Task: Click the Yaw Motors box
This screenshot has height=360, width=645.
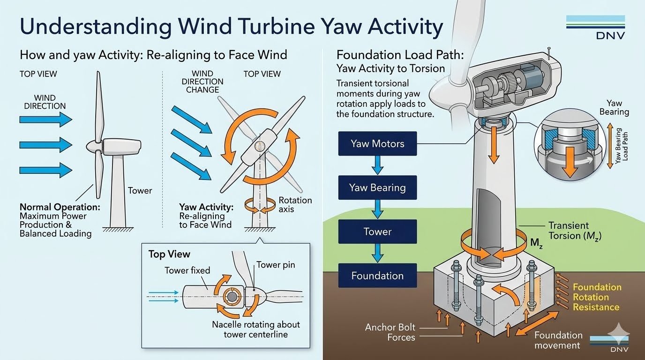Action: [x=377, y=143]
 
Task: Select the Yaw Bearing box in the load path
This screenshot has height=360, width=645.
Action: [x=377, y=187]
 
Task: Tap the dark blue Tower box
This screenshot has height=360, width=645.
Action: [x=377, y=232]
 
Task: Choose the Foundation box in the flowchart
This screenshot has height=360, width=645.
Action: [x=377, y=276]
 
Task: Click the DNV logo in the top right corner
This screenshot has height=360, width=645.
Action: [x=595, y=27]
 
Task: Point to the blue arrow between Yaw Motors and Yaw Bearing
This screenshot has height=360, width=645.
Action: [x=377, y=165]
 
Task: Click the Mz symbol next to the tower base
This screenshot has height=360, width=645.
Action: [x=536, y=243]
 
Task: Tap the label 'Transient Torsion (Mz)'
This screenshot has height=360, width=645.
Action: [x=575, y=231]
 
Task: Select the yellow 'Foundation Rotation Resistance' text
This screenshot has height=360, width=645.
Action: [x=597, y=297]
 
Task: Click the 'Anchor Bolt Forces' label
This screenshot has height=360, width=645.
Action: [x=390, y=332]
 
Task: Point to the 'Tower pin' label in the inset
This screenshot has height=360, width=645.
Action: [x=276, y=265]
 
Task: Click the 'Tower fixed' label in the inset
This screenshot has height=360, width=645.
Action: [x=187, y=270]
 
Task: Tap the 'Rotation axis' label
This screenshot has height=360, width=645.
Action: [x=295, y=204]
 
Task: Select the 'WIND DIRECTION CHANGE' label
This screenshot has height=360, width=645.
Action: [x=202, y=82]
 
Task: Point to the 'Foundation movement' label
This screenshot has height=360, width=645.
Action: [x=558, y=340]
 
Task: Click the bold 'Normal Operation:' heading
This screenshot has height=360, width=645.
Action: [x=60, y=207]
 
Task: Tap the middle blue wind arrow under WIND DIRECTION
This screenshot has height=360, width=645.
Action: [x=46, y=144]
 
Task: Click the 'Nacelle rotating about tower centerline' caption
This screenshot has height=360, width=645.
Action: [x=255, y=329]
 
